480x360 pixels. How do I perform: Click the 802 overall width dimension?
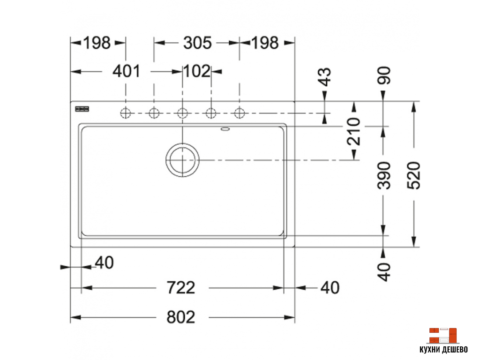click(x=181, y=317)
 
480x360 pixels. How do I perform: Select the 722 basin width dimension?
click(x=181, y=287)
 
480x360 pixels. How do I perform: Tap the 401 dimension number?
click(x=127, y=72)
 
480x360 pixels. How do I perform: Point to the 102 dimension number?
click(x=197, y=72)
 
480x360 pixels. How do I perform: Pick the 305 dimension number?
click(x=197, y=43)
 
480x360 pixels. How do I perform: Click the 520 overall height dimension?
click(x=414, y=175)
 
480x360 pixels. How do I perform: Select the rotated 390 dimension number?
click(x=384, y=175)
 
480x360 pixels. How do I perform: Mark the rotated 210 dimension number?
click(x=354, y=132)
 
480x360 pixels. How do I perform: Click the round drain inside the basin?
click(x=182, y=160)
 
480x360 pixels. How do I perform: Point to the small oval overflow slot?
click(x=225, y=128)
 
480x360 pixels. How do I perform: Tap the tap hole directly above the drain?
click(x=182, y=113)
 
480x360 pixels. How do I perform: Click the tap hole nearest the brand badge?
click(x=125, y=113)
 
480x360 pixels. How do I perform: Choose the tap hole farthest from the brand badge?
click(x=240, y=113)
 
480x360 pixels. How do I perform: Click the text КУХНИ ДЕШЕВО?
click(x=443, y=350)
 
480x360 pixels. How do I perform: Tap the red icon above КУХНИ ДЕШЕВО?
click(x=442, y=335)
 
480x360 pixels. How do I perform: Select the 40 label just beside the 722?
click(x=330, y=287)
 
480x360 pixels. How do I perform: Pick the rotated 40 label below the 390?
click(x=384, y=271)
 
